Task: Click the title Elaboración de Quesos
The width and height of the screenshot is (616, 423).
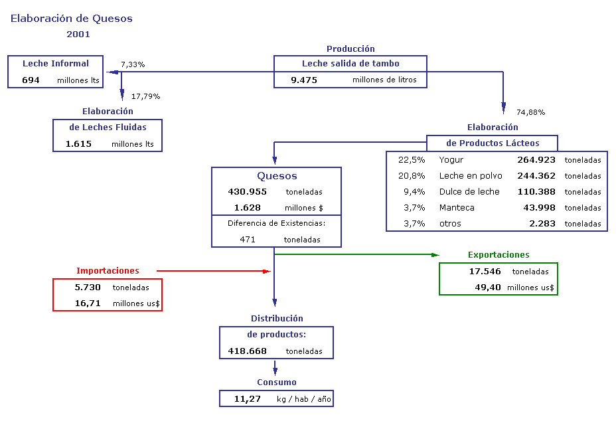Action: tap(72, 19)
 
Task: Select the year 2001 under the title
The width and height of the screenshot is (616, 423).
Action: tap(78, 35)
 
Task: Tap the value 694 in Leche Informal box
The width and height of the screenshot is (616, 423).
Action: tap(31, 80)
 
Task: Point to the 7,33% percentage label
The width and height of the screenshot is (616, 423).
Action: tap(133, 64)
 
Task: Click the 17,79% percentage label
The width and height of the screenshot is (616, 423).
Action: tap(146, 96)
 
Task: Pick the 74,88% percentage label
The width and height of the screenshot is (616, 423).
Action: tap(531, 112)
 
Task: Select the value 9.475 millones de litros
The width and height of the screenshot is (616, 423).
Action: tap(354, 80)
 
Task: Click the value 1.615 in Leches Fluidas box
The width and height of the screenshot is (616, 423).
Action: tap(78, 144)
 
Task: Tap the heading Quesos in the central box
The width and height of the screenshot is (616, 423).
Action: tap(277, 176)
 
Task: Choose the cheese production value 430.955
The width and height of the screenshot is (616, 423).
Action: tap(247, 192)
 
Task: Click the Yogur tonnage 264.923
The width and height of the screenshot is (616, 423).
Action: tap(536, 159)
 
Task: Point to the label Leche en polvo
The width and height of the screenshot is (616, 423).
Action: tap(471, 176)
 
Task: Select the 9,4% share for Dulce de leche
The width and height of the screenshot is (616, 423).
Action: tap(414, 192)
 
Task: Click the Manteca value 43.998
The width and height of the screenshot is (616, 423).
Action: tap(540, 208)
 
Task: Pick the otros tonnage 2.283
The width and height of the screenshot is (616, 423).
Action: tap(542, 224)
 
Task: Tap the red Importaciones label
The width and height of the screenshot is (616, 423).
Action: tap(108, 270)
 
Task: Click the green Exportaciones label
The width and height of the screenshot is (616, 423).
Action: tap(499, 255)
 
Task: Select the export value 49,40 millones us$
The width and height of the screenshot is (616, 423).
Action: tap(514, 288)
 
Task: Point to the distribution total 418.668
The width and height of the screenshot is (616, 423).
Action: tap(247, 351)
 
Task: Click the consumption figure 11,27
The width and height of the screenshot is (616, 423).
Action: tap(248, 399)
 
